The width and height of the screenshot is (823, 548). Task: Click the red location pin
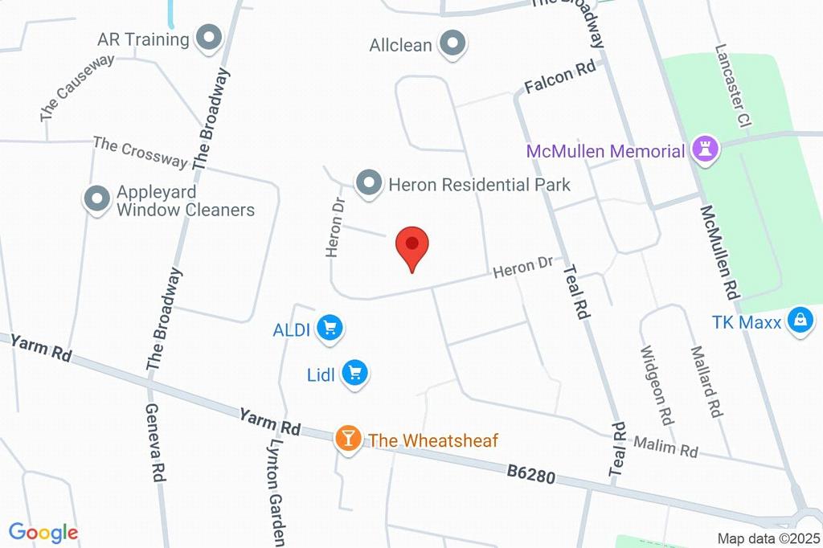(413, 245)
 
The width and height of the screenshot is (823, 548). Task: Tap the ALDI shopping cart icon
(330, 328)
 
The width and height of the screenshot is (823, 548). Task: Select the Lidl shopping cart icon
(354, 373)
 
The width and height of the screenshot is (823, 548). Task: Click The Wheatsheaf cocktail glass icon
(348, 439)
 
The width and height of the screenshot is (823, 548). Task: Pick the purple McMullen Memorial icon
(706, 149)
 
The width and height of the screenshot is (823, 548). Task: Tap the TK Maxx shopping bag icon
(800, 321)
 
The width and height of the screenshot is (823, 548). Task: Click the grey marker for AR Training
(209, 39)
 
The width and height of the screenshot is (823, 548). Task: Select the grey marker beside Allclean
(452, 44)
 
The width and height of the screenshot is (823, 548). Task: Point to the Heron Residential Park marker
(369, 184)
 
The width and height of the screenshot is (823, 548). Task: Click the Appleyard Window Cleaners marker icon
(97, 200)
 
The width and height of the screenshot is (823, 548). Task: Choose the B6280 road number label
(530, 475)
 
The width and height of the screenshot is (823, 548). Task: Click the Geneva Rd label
(155, 442)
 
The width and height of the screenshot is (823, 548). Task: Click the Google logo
(43, 532)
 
